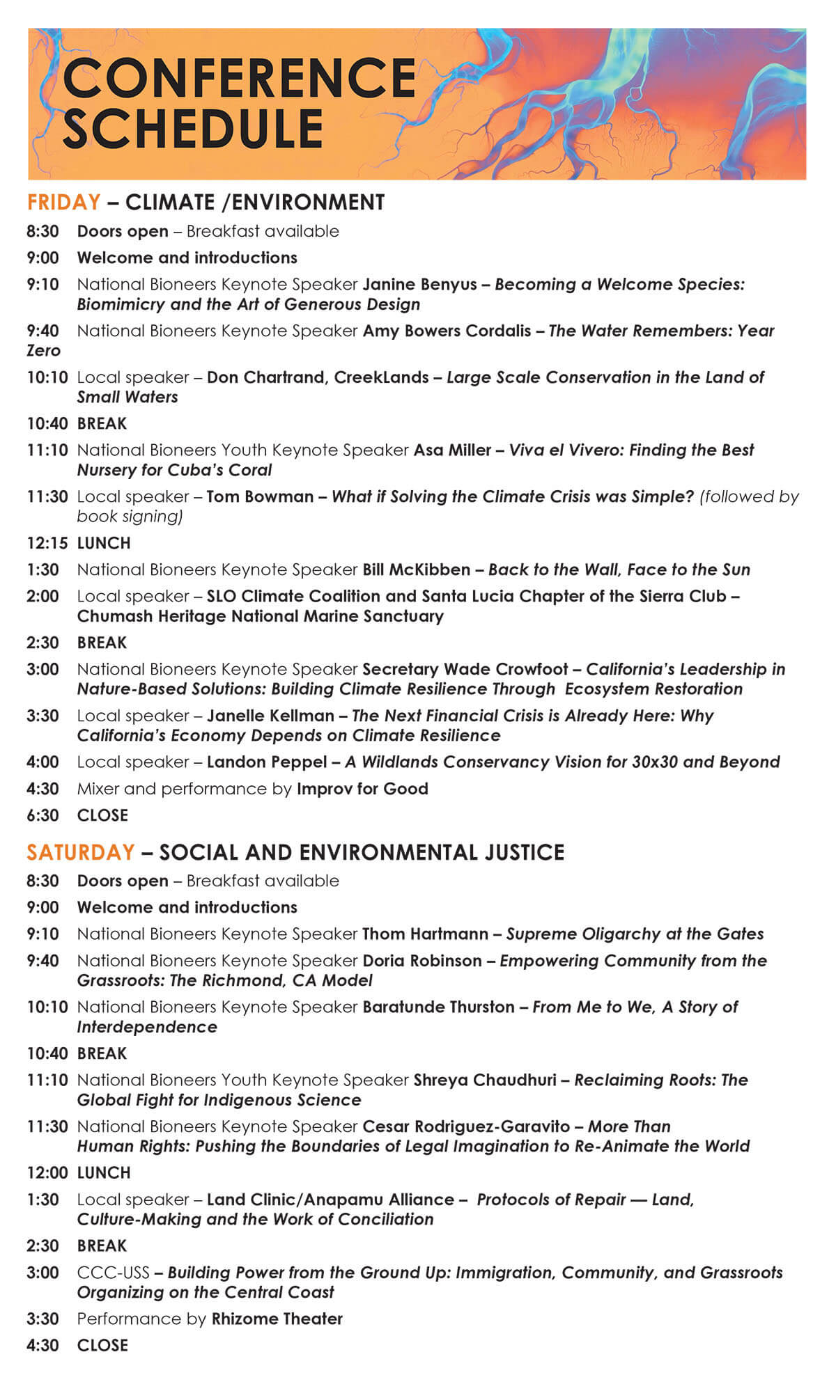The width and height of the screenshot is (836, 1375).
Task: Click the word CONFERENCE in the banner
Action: [239, 77]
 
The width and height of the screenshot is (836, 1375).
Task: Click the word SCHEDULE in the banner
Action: [193, 129]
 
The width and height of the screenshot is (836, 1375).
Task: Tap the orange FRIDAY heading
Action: [63, 202]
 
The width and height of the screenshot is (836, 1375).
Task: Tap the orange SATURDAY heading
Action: [80, 851]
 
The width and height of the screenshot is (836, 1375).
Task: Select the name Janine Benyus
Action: [419, 284]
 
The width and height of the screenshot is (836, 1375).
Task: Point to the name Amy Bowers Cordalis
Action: [447, 331]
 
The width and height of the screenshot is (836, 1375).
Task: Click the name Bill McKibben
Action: [416, 569]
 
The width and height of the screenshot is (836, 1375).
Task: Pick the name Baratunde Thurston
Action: [438, 1007]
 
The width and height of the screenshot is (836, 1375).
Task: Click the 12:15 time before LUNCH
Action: [47, 543]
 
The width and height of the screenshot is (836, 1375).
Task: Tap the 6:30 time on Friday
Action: [42, 815]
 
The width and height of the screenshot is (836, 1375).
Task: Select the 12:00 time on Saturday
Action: [47, 1172]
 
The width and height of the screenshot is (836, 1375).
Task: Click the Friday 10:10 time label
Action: [47, 377]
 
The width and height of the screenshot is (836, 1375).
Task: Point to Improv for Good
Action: [362, 789]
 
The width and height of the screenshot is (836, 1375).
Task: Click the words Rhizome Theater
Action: [277, 1319]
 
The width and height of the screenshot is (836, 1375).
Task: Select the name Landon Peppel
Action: [267, 762]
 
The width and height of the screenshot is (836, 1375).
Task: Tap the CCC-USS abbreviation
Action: [113, 1273]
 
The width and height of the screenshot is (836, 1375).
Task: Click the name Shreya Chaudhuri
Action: [485, 1080]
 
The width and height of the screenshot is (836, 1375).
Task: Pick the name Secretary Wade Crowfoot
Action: [465, 669]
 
